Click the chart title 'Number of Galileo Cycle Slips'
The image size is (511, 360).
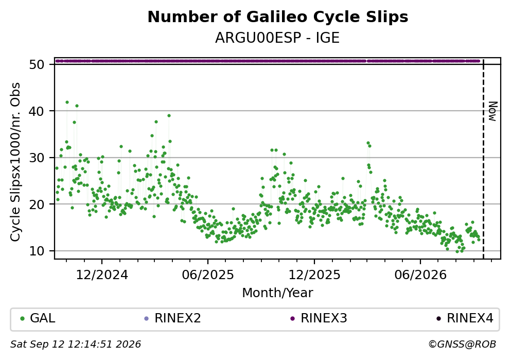pyautogui.click(x=278, y=17)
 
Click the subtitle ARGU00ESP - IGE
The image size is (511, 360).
pyautogui.click(x=277, y=38)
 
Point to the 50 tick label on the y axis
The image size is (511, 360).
pyautogui.click(x=37, y=64)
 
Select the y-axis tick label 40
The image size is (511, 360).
pyautogui.click(x=37, y=111)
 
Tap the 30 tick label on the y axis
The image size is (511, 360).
pyautogui.click(x=37, y=158)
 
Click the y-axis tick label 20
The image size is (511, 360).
pyautogui.click(x=37, y=204)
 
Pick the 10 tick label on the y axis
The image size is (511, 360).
pyautogui.click(x=37, y=251)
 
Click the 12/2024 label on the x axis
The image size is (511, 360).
pyautogui.click(x=102, y=275)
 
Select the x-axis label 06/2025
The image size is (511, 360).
pyautogui.click(x=208, y=275)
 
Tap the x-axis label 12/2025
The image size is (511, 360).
pyautogui.click(x=314, y=275)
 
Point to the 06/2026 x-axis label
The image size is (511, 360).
pyautogui.click(x=420, y=275)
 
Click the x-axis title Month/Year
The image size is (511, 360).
pyautogui.click(x=277, y=293)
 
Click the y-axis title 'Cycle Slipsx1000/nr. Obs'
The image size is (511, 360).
pyautogui.click(x=15, y=162)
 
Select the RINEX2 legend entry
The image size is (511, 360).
pyautogui.click(x=173, y=318)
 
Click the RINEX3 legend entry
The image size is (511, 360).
pyautogui.click(x=319, y=318)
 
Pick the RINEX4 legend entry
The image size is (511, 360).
pyautogui.click(x=465, y=318)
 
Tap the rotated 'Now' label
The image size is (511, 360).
pyautogui.click(x=494, y=112)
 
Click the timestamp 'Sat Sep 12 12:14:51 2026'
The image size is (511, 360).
pyautogui.click(x=76, y=345)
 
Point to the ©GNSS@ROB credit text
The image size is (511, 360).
pyautogui.click(x=462, y=345)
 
